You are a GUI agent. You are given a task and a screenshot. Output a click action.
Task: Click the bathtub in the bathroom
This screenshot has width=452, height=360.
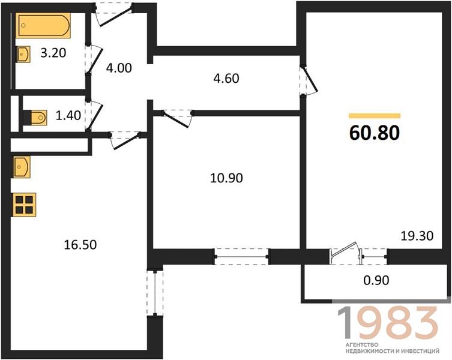tap(43, 25)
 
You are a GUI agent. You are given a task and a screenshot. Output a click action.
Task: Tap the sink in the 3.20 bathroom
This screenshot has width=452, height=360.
tap(23, 54)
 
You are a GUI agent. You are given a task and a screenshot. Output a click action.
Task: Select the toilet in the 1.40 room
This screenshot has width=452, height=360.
tap(35, 118)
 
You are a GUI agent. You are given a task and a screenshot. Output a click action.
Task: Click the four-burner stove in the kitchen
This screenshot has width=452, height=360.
tap(24, 205)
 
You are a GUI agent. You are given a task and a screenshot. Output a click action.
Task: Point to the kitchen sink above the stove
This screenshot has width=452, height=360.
tap(22, 167)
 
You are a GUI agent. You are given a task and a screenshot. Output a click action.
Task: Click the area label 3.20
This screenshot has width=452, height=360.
tap(53, 53)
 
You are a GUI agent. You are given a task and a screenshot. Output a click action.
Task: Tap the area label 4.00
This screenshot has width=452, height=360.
tap(119, 68)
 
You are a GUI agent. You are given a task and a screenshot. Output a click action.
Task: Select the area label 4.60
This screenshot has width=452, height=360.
tap(226, 79)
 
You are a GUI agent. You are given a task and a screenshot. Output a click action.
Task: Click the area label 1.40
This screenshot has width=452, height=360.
tap(68, 115)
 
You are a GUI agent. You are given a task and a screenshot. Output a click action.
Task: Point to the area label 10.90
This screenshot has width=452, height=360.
tap(226, 178)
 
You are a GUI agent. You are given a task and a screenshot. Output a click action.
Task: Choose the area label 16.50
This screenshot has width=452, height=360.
tap(80, 245)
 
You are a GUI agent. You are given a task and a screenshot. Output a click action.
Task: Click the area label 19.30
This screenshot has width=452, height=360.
tap(417, 236)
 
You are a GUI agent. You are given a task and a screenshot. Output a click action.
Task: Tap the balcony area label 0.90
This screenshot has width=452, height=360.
tap(376, 280)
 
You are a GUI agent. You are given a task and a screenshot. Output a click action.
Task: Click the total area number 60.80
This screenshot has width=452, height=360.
tap(375, 133)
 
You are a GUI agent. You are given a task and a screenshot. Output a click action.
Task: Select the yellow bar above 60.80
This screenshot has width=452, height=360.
tap(375, 116)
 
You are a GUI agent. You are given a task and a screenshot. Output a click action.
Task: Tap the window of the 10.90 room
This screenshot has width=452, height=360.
tap(242, 256)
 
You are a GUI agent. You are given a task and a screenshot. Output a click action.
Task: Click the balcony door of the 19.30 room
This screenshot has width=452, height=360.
tap(346, 253)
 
